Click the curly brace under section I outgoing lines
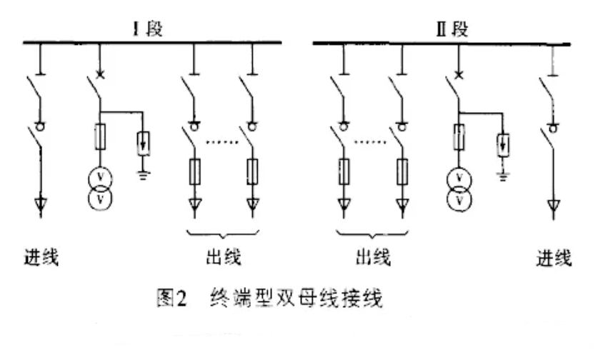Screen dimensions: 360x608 222,234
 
